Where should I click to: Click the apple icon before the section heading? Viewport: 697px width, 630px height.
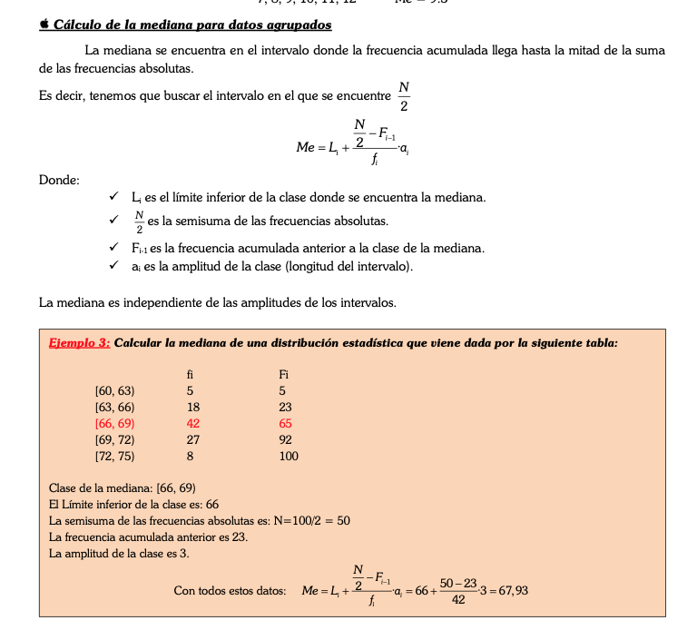click(x=44, y=25)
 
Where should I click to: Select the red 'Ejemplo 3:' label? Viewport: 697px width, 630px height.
click(x=79, y=342)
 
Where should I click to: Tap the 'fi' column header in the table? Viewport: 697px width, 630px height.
click(x=191, y=374)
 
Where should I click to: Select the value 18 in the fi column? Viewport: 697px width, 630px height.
click(x=192, y=408)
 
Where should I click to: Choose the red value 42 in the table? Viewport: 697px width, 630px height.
click(x=192, y=424)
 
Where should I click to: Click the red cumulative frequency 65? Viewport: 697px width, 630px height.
click(x=285, y=424)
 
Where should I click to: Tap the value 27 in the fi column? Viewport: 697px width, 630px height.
click(x=192, y=440)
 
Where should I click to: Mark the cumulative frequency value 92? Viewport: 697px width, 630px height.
click(x=285, y=440)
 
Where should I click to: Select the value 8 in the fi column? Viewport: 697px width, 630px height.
click(x=190, y=457)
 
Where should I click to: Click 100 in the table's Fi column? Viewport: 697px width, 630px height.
click(x=288, y=457)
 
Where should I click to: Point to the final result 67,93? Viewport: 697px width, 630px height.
click(x=511, y=590)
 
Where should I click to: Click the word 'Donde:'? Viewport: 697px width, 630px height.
click(x=59, y=180)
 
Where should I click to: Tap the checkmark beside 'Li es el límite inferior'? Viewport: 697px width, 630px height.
click(x=113, y=197)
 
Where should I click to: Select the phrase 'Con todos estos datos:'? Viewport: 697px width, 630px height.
click(x=230, y=591)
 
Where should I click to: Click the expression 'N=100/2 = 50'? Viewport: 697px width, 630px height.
click(x=310, y=521)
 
